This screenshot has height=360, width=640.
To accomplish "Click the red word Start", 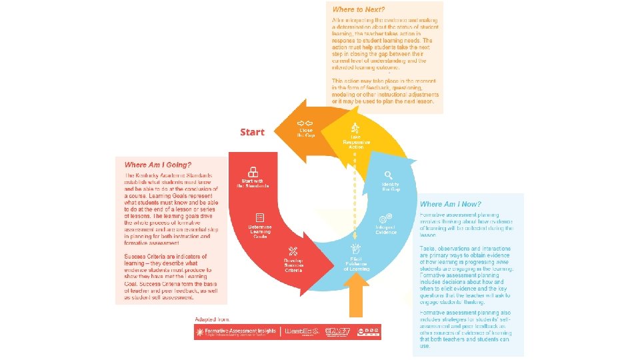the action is tap(252, 132).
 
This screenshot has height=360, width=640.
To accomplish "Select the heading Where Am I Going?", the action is tap(158, 165).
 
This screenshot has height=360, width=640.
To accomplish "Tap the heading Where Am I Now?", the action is tap(450, 203).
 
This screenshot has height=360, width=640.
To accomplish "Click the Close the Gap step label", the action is tap(306, 132).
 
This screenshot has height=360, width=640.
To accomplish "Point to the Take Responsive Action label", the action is tap(355, 141).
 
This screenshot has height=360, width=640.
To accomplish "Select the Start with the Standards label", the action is tap(253, 183).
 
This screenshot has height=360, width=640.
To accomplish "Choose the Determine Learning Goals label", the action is tap(259, 231).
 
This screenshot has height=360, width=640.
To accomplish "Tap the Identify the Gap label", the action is tap(391, 187).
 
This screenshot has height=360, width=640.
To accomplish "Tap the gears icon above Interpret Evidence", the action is tap(385, 218).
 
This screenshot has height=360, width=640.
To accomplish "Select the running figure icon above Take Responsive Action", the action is tap(355, 127).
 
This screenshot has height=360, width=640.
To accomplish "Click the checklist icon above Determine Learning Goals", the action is tap(259, 218).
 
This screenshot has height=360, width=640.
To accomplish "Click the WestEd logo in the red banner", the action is tap(302, 331).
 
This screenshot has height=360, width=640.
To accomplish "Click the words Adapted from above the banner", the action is tap(210, 319).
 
